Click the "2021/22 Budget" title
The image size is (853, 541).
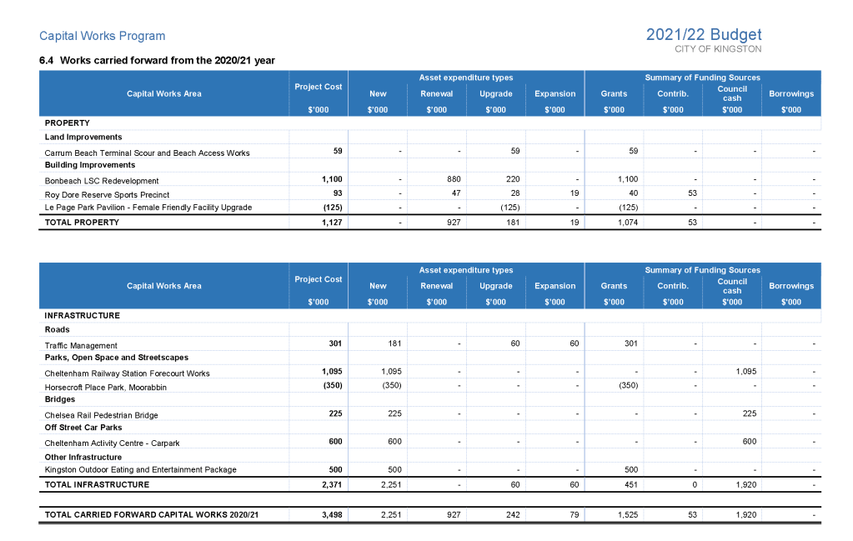[703, 34]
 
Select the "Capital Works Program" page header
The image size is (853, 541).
[103, 36]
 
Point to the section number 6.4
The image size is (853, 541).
[47, 60]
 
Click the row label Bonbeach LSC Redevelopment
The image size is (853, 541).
[102, 180]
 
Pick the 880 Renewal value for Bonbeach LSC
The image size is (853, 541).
[454, 179]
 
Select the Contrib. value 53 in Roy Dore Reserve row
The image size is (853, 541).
[691, 193]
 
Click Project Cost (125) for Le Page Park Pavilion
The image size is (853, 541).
[332, 207]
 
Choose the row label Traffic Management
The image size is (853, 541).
[81, 345]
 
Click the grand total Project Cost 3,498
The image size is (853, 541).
[332, 515]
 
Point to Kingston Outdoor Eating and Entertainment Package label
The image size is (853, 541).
[140, 469]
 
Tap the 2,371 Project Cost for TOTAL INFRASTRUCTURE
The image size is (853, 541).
[332, 484]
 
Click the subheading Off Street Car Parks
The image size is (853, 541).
[83, 428]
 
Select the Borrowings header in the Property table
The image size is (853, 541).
[790, 93]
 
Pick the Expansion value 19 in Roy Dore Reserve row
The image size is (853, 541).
[574, 193]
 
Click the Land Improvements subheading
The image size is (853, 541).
[83, 137]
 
